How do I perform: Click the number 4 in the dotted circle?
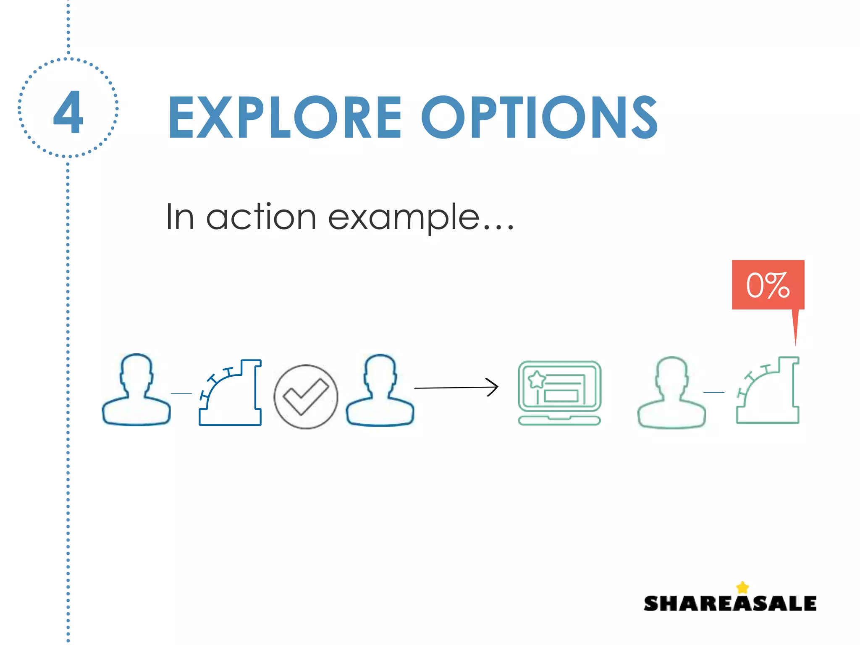(68, 112)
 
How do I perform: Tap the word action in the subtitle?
(261, 217)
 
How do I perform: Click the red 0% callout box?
(768, 285)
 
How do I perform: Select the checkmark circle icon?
(306, 397)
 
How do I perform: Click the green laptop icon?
(559, 393)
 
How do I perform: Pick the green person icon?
(671, 392)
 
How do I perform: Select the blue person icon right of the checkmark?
(380, 391)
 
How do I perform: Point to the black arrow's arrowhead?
(494, 387)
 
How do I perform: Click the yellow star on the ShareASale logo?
(742, 587)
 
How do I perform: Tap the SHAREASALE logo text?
(730, 603)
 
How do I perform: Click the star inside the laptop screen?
(536, 380)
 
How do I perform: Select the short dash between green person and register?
(713, 392)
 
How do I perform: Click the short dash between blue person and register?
(181, 393)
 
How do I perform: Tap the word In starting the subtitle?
(180, 217)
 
